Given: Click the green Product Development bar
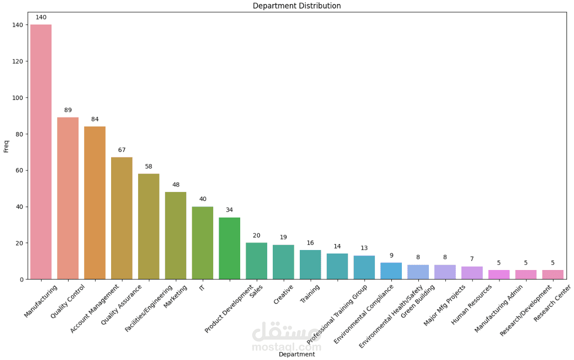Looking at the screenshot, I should click(229, 248).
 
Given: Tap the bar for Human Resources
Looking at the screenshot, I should click(472, 273).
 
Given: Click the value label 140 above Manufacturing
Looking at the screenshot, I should click(41, 17).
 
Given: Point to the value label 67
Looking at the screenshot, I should click(122, 150).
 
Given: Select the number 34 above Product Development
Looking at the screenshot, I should click(229, 210).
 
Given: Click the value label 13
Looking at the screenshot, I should click(364, 248).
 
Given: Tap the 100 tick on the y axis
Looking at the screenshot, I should click(18, 98).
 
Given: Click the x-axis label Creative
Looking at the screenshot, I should click(283, 294).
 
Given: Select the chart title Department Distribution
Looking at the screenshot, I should click(297, 6).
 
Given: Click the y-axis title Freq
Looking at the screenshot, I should click(6, 146).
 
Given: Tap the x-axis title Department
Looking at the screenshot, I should click(297, 354).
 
